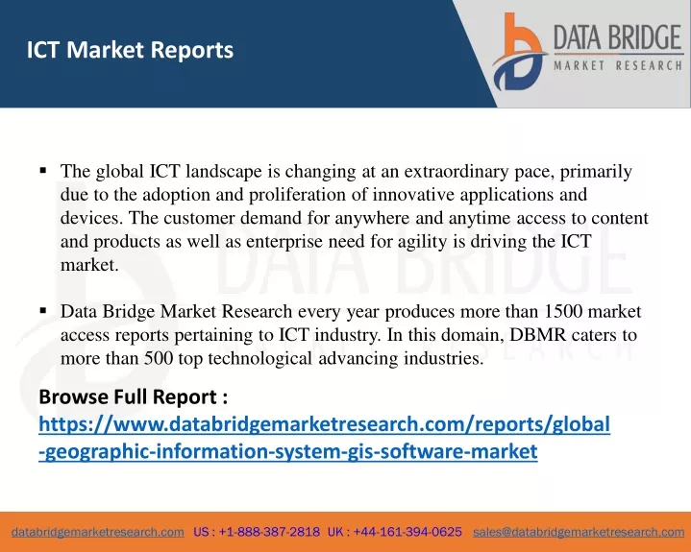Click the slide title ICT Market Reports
130,49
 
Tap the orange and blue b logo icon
519,52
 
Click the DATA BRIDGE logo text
618,37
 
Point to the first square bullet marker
43,170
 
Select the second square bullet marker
43,311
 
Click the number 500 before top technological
159,358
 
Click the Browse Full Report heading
133,396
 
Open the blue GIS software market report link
324,438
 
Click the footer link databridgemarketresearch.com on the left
98,532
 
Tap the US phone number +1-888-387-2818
269,532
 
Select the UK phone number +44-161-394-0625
407,532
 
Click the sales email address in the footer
579,532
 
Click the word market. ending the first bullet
89,265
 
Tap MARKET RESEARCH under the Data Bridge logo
618,65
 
